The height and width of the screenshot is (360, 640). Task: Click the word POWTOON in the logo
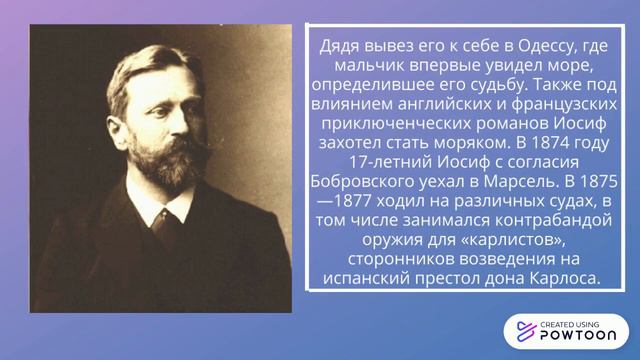[576, 338]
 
